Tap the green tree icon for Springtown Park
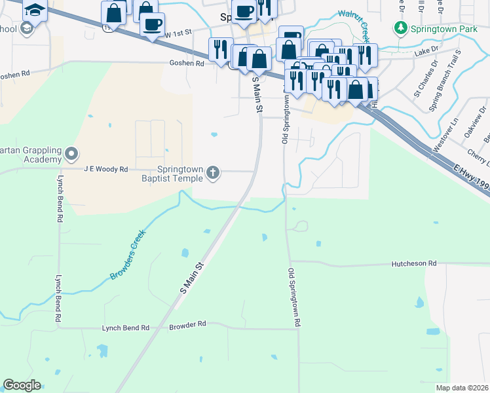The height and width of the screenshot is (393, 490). tap(400, 28)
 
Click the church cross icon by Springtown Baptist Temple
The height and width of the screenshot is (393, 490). tap(212, 173)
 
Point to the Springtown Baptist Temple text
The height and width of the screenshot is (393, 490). tap(176, 173)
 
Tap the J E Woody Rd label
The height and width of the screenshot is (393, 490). tap(105, 169)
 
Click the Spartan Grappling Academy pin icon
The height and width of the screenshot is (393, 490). tap(72, 155)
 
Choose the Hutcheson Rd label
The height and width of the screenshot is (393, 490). tap(413, 263)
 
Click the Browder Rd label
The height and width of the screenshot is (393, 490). tap(187, 324)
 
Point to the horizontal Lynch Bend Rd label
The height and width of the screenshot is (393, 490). tap(125, 327)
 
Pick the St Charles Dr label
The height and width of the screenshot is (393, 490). tap(425, 80)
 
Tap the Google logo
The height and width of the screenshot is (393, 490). tap(22, 385)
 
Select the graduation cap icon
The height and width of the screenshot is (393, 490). tap(35, 9)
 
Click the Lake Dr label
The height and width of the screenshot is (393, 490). tap(424, 51)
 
